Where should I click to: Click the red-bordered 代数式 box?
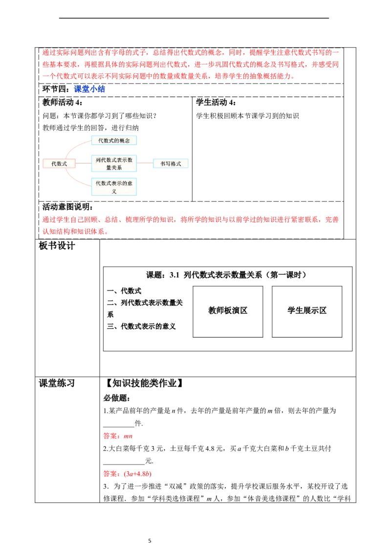coord(59,164)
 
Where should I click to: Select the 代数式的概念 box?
coord(114,141)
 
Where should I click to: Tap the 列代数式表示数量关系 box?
coord(114,164)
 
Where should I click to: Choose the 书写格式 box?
coord(171,164)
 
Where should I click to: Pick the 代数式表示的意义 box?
coord(114,187)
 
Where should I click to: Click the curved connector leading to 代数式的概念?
coord(73,147)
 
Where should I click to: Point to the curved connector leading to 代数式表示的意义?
coord(73,179)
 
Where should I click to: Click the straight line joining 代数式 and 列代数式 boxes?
coord(83,164)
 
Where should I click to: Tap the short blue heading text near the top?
coord(89,89)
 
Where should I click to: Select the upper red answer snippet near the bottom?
coord(117,436)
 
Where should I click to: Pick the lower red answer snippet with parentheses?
coord(127,474)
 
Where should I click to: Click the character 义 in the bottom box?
coord(114,191)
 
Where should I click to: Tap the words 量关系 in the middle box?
coord(114,168)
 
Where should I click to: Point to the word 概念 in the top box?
coord(124,141)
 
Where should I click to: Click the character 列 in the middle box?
coord(98,160)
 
